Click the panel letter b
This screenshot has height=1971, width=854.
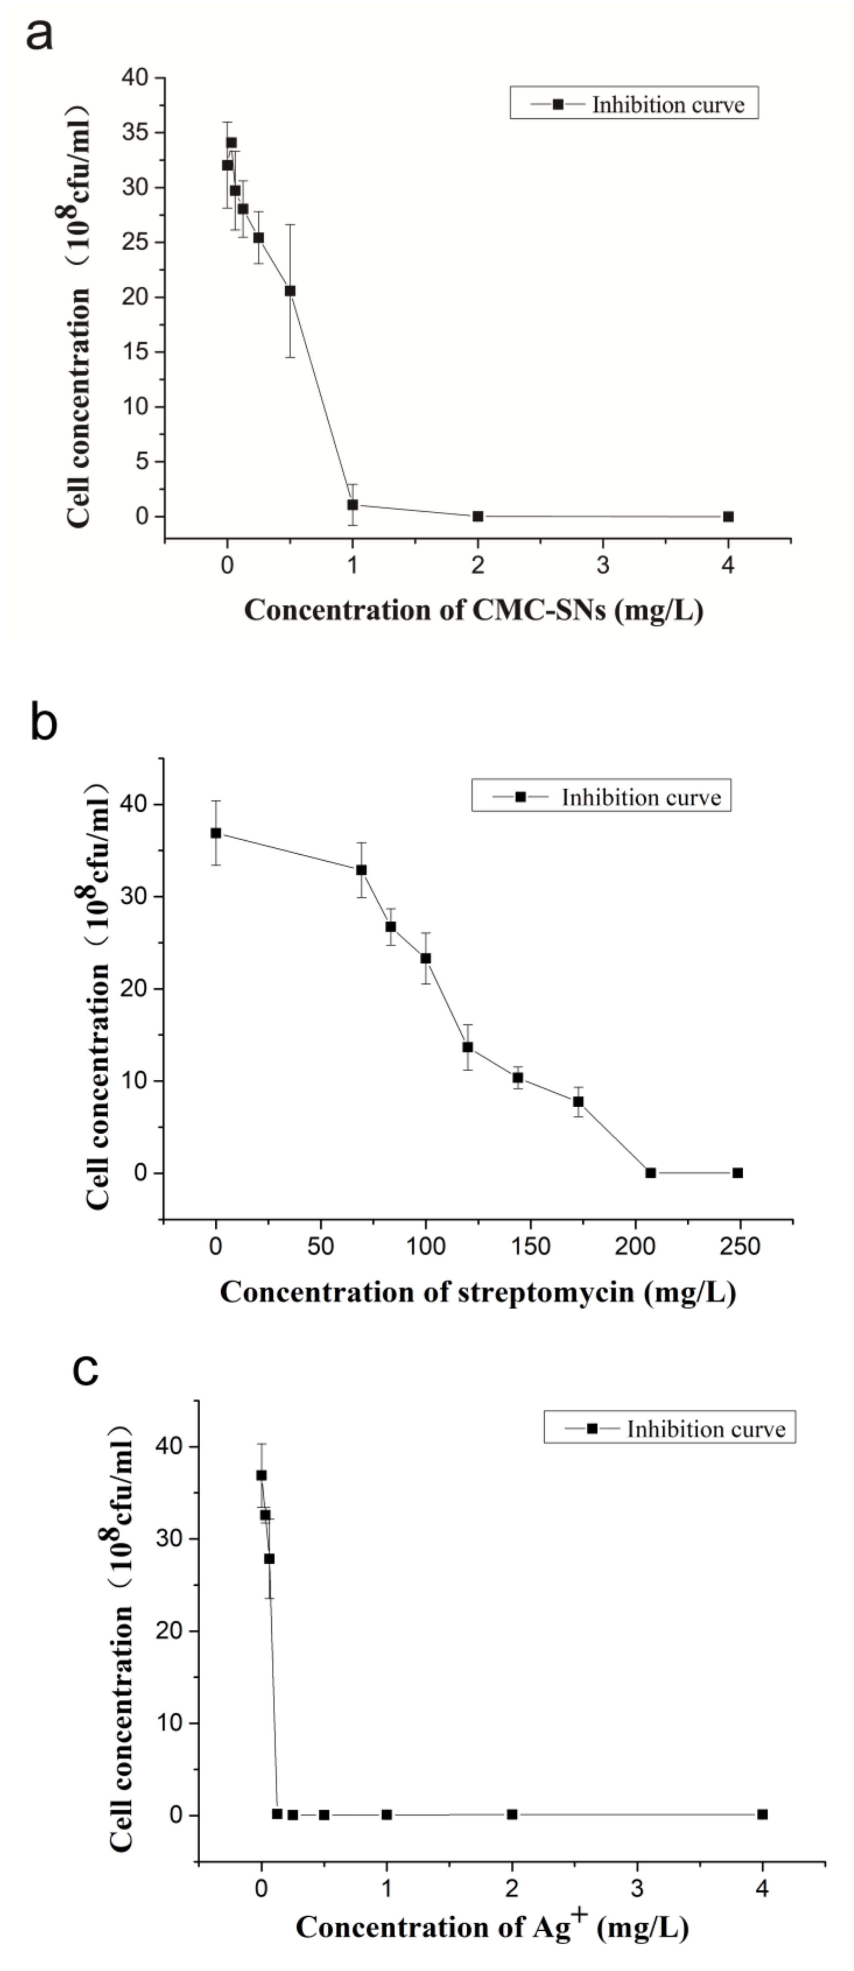pos(43,722)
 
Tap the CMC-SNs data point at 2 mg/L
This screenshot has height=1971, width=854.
pos(477,516)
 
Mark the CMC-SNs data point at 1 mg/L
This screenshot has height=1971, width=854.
pos(353,505)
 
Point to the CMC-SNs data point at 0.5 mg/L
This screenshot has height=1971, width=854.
pos(290,291)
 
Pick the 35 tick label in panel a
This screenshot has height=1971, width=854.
pos(136,132)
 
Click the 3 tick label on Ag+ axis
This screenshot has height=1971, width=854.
pos(637,1889)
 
